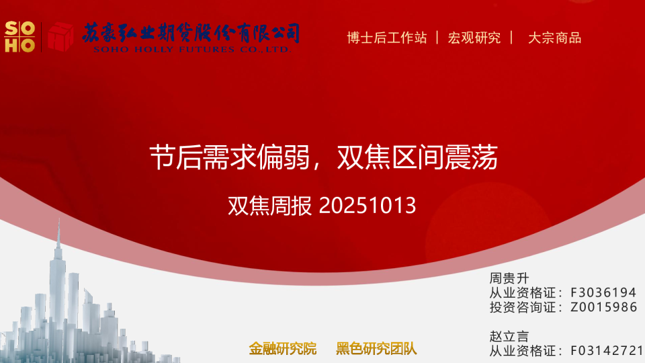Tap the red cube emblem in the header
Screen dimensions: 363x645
click(x=60, y=36)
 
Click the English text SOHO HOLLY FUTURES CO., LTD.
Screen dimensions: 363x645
click(x=192, y=49)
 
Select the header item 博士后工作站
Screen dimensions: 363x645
click(x=386, y=38)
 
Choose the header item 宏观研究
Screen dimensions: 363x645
click(x=474, y=38)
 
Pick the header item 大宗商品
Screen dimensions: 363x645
click(x=554, y=38)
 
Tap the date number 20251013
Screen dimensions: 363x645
click(x=368, y=206)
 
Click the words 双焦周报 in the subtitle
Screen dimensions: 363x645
click(x=270, y=206)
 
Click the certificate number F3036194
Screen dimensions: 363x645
click(x=603, y=292)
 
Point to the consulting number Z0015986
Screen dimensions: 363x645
click(x=603, y=307)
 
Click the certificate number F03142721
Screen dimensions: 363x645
click(x=607, y=351)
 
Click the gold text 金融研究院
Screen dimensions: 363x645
click(x=282, y=348)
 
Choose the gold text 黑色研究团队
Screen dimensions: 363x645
click(x=376, y=348)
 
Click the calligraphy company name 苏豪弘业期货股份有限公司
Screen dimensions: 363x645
click(x=191, y=32)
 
